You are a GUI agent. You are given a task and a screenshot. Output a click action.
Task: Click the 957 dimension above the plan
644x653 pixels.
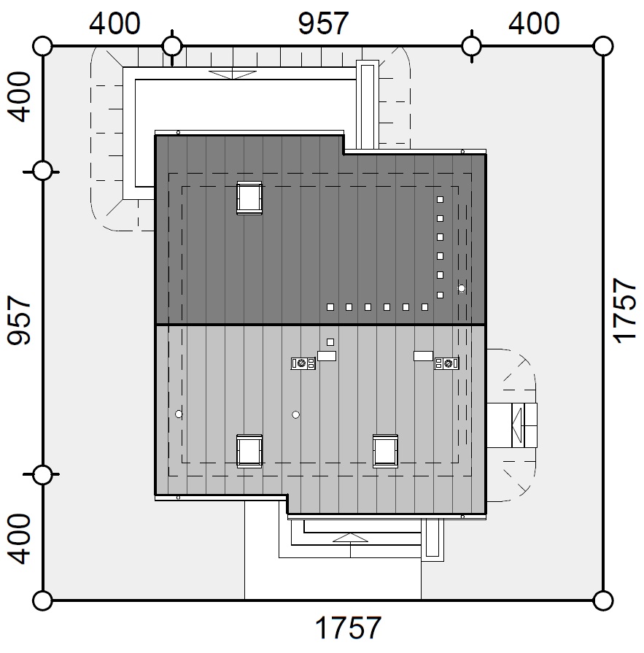point(323,24)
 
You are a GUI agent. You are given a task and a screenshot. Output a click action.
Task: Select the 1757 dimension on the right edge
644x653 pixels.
point(625,311)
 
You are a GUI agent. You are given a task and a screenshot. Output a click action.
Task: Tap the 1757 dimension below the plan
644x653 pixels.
point(348,627)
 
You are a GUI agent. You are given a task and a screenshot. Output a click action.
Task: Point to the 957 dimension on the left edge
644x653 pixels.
point(19,320)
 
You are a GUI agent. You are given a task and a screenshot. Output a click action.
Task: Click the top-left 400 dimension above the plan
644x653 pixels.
point(115,24)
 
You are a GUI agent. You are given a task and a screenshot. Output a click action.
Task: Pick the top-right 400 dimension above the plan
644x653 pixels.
point(534,24)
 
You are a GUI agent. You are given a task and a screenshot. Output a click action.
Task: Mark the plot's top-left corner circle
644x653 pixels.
point(42,46)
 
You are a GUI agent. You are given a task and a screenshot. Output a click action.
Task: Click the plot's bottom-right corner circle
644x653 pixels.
point(602,600)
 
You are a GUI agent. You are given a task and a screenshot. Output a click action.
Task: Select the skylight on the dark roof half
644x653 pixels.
point(249,198)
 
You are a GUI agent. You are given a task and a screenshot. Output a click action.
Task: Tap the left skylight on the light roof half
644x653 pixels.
point(249,451)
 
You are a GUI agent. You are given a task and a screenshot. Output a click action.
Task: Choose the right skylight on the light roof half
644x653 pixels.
point(385,451)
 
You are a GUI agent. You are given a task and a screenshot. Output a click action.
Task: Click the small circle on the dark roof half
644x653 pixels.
point(461,288)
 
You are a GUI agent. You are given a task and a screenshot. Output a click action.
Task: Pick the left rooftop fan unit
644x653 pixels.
point(303,363)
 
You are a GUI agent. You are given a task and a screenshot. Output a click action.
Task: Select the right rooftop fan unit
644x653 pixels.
point(446,363)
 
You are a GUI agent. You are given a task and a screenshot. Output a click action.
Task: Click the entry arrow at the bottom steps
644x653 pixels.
point(351,538)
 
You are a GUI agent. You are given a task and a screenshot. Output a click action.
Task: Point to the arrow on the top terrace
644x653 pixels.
point(232,74)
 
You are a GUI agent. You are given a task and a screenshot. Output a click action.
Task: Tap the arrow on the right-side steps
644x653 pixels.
point(517,425)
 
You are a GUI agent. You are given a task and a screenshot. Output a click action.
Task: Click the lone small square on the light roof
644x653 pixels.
point(330,342)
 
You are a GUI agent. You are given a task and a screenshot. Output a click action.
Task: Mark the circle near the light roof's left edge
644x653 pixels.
point(179,414)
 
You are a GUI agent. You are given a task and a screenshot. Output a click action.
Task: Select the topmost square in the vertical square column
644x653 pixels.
point(440,199)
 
